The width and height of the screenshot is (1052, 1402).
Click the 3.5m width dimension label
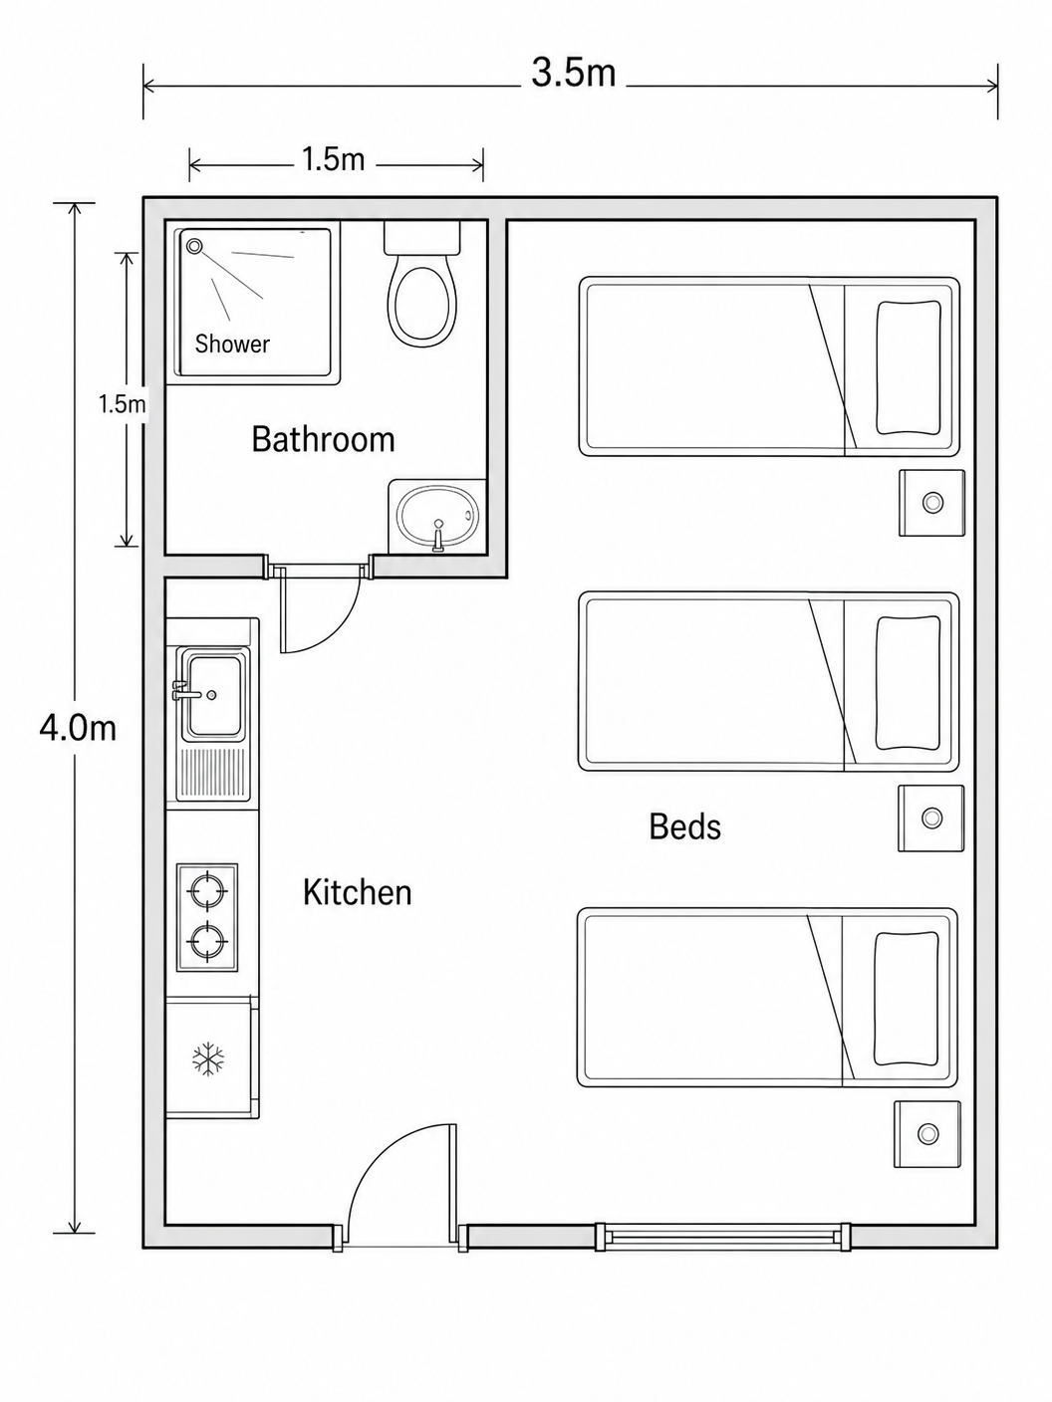(x=573, y=72)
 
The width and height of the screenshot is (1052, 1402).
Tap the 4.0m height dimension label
(x=78, y=728)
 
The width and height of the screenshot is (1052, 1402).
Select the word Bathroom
(x=323, y=439)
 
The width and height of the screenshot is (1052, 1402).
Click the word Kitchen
(x=357, y=892)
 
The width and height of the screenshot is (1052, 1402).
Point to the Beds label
(x=684, y=826)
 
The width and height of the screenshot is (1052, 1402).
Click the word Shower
(x=232, y=344)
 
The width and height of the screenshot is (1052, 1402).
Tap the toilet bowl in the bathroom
(x=422, y=302)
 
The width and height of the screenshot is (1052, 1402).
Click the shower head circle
(x=193, y=245)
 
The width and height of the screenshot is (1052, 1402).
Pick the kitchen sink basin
(x=214, y=696)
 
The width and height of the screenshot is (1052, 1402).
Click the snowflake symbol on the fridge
(x=208, y=1059)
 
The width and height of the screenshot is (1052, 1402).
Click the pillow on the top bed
(x=909, y=367)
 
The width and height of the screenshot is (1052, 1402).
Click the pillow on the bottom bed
(x=907, y=999)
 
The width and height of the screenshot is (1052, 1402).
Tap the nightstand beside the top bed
(x=931, y=503)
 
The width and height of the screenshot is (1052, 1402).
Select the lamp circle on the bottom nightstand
(x=927, y=1134)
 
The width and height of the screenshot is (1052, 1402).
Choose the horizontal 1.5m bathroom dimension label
(x=333, y=159)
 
